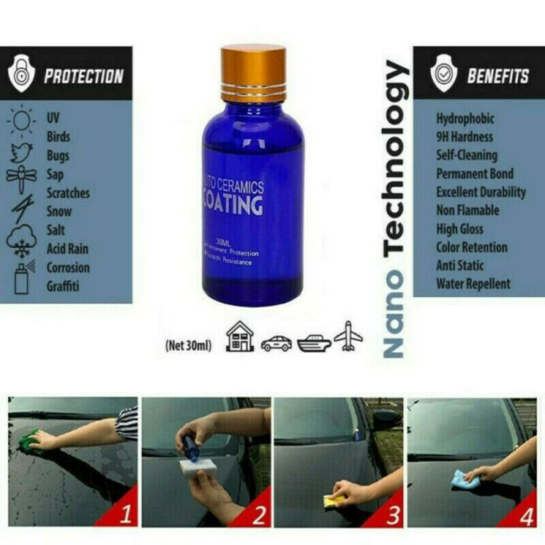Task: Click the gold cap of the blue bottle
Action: point(253,74)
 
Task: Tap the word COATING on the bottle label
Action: point(233,206)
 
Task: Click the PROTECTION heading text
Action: point(83,76)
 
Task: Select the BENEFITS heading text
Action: point(498,76)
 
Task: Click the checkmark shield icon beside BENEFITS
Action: point(443,74)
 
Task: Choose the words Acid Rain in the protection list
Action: point(67,249)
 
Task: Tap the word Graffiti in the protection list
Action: point(63,286)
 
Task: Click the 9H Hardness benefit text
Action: point(464,137)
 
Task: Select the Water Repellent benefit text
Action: point(473,284)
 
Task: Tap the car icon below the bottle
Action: point(276,343)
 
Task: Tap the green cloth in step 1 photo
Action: point(29,441)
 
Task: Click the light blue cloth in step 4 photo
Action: point(464,479)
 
